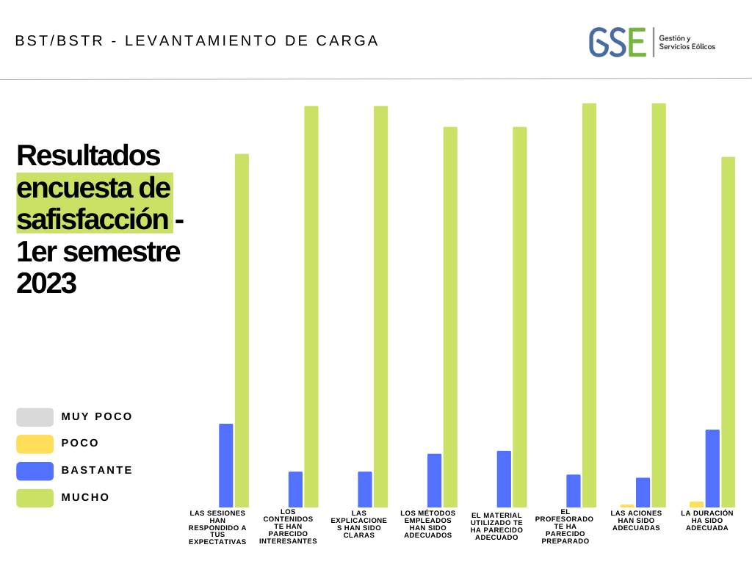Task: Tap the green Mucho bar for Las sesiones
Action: pos(242,330)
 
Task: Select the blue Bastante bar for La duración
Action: pos(712,468)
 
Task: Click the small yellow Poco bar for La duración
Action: pos(697,504)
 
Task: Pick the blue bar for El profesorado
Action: pos(574,491)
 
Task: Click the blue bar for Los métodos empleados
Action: pos(435,480)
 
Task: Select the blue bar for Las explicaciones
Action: pos(365,489)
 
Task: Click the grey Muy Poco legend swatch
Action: pos(35,417)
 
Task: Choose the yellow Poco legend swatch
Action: pos(35,444)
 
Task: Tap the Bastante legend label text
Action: pos(97,470)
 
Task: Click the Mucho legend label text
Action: pos(85,497)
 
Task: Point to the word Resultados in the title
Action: pos(88,156)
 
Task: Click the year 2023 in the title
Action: pos(46,283)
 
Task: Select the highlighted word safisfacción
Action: pos(93,220)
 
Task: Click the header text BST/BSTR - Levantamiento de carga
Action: pos(197,41)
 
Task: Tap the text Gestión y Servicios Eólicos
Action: pos(687,42)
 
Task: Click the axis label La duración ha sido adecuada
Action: pos(706,521)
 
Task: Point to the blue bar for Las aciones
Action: pos(643,492)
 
